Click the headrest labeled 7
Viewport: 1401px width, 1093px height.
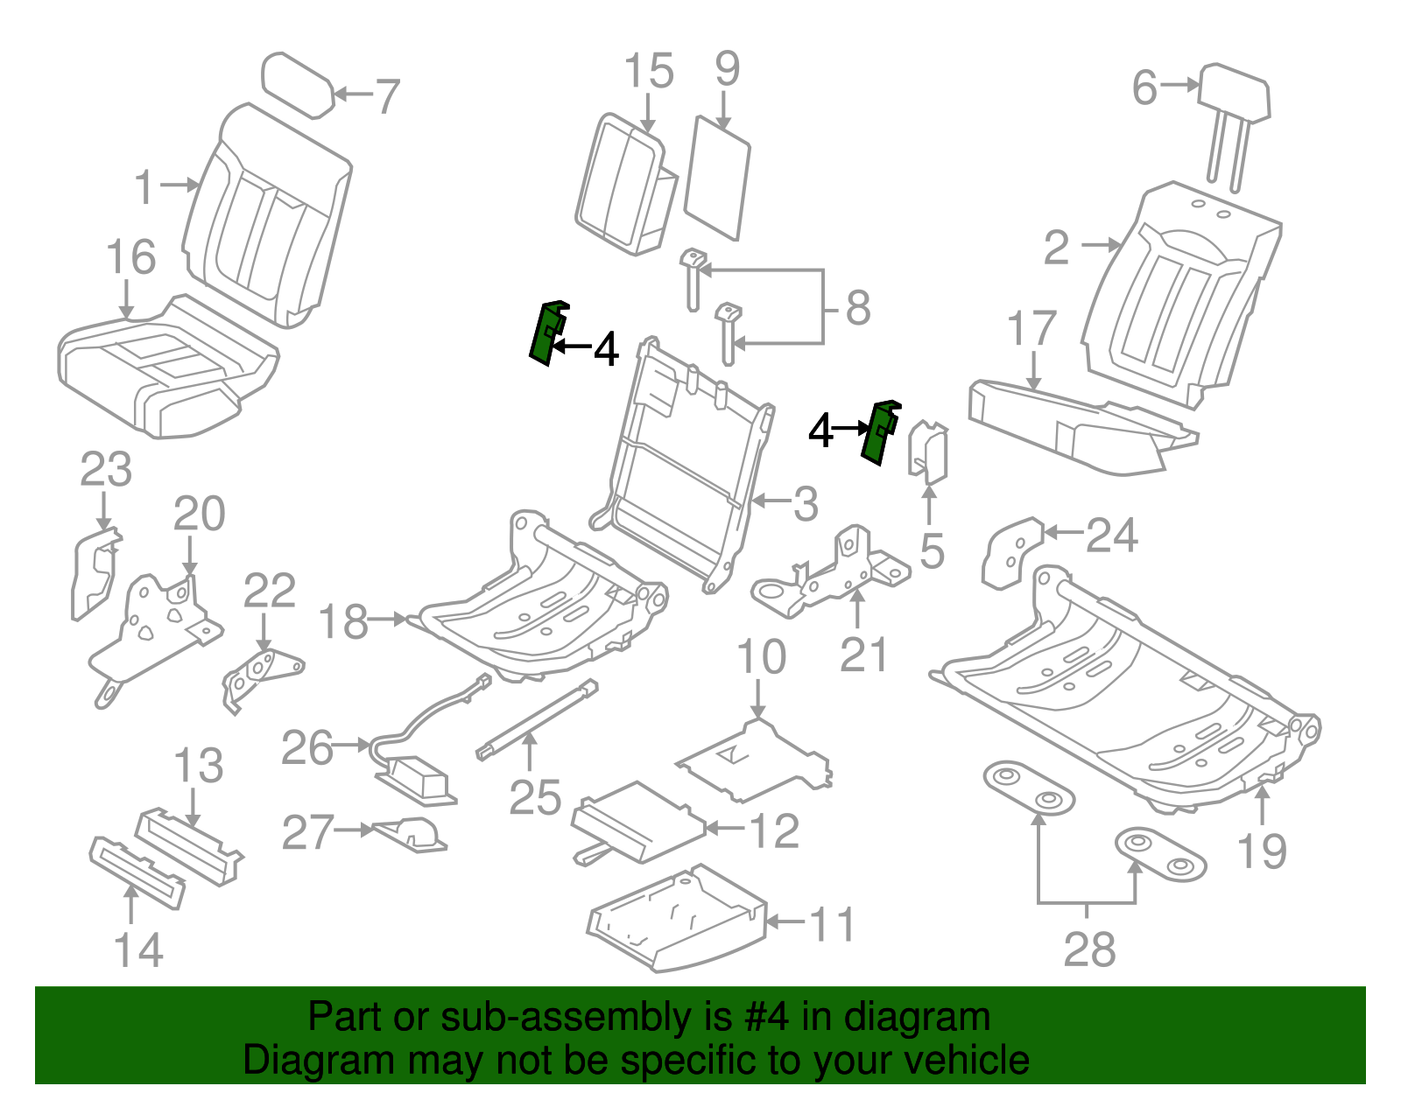click(298, 84)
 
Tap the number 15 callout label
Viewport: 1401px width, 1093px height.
click(649, 71)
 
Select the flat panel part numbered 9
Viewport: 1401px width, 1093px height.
click(717, 179)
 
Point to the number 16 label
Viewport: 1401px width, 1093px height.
click(130, 257)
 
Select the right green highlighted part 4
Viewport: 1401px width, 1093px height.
click(878, 432)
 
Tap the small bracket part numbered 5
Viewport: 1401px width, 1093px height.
click(928, 452)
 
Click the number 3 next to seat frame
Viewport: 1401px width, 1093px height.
click(806, 504)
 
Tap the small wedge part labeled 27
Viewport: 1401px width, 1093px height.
click(412, 834)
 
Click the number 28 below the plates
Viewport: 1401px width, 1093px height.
click(1089, 949)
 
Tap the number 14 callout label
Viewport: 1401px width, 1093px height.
click(138, 950)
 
